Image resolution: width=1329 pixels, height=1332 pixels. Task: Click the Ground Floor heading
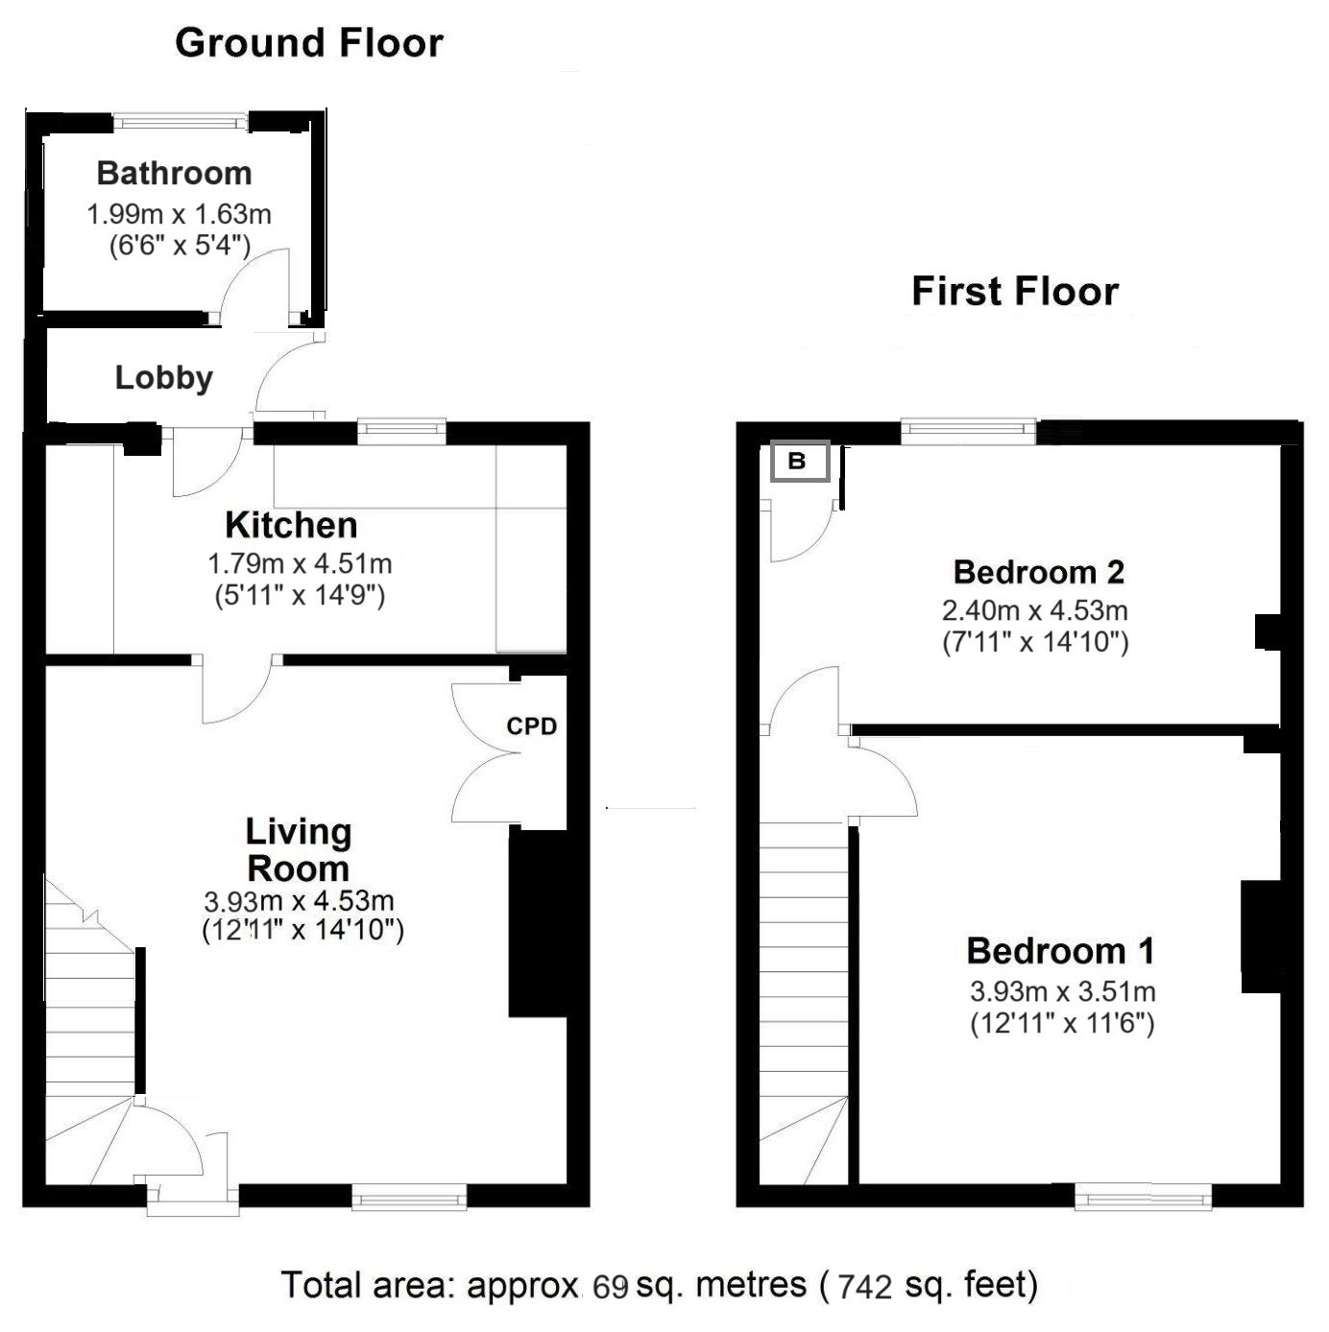(308, 43)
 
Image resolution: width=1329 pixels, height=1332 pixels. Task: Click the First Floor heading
(1015, 291)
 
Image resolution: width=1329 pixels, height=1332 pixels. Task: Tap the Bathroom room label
(175, 173)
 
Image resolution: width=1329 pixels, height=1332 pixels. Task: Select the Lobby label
(164, 378)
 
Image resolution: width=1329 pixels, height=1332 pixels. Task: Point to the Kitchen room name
(291, 525)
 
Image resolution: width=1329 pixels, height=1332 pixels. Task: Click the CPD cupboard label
(531, 725)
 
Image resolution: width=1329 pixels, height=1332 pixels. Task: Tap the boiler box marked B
(800, 461)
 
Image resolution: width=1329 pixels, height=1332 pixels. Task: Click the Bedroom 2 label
(1038, 572)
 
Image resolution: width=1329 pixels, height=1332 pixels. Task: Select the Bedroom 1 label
(1060, 951)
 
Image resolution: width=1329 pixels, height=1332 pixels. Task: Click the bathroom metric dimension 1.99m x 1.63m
(179, 214)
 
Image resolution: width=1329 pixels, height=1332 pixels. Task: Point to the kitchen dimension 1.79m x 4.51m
(300, 564)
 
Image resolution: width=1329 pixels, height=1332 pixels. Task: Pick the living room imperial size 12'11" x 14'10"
(302, 930)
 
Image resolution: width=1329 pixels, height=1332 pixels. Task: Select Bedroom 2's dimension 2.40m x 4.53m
(1035, 610)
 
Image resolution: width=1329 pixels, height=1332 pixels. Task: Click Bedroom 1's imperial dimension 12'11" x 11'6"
(1063, 1023)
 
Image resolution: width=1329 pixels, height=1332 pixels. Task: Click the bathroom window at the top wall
(181, 122)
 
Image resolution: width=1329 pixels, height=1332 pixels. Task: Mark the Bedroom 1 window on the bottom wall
(1143, 1196)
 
